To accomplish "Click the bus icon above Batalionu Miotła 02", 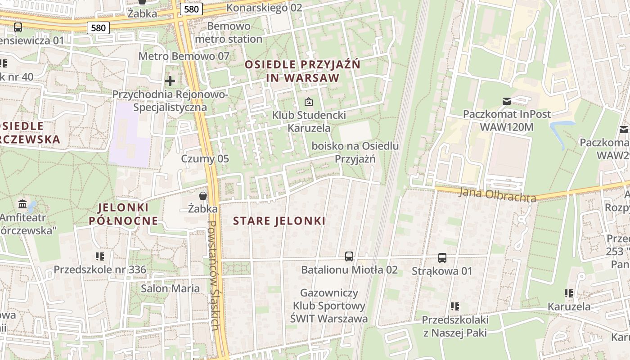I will coord(349,256).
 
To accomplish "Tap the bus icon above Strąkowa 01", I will coord(442,258).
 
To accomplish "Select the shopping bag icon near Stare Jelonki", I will coord(203,196).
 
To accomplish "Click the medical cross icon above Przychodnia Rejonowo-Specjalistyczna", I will coord(170,81).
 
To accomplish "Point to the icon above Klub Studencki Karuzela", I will coord(308,102).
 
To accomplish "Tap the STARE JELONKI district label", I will coord(279,221).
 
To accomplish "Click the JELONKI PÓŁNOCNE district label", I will coord(123,214).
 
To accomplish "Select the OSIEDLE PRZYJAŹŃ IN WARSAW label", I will coord(302,71).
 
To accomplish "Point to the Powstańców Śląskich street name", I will coord(215,275).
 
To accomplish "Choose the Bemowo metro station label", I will coord(229,33).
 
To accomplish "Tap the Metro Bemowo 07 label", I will coord(184,56).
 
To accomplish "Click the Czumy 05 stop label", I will coord(205,159).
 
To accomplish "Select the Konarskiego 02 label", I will coord(264,8).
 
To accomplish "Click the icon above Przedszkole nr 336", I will coord(100,256).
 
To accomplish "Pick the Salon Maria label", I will coord(170,288).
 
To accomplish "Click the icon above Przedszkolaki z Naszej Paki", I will coord(455,306).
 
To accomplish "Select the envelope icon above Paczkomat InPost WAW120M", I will coord(507,101).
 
